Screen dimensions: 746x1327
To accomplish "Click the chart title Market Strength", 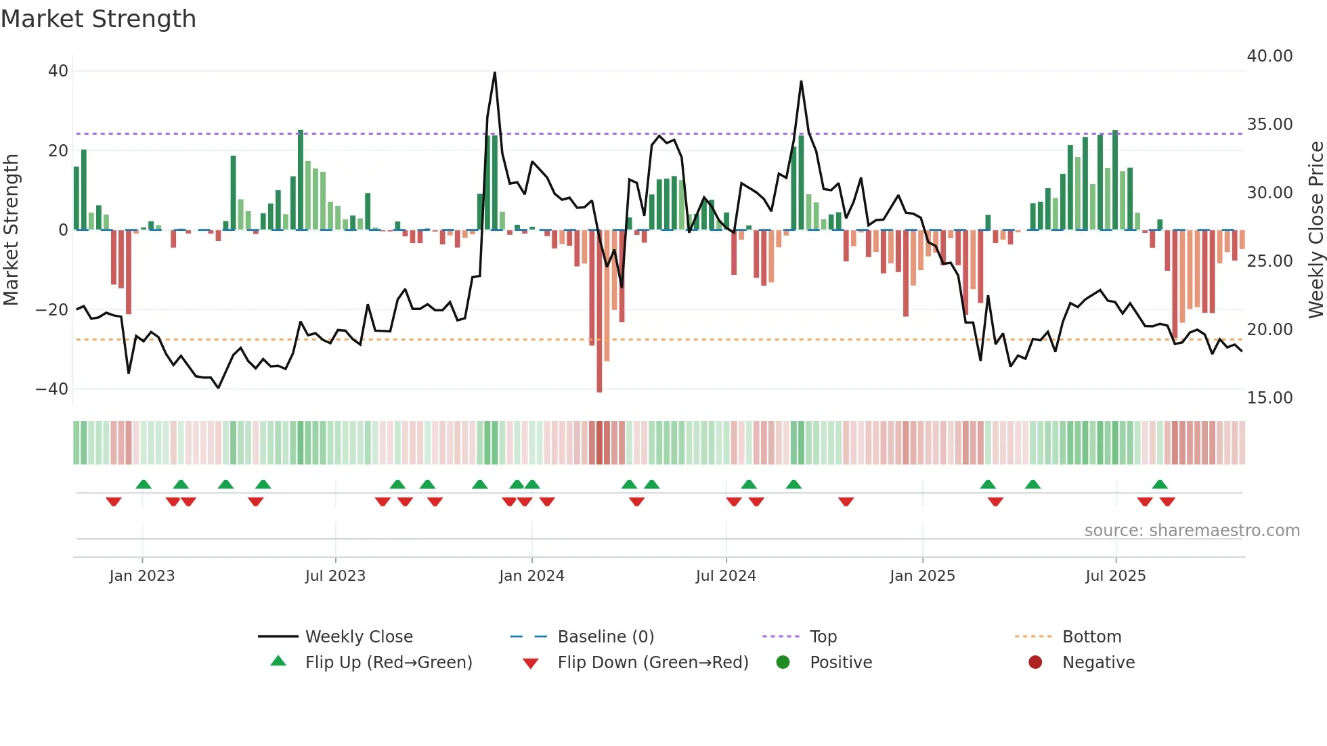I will pyautogui.click(x=99, y=19).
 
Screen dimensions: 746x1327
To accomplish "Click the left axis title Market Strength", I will pyautogui.click(x=12, y=229).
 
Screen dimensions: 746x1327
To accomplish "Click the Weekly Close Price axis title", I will pyautogui.click(x=1315, y=229).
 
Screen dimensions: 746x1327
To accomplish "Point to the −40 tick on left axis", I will pyautogui.click(x=52, y=389).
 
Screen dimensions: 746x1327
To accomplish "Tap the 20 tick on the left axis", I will pyautogui.click(x=58, y=150).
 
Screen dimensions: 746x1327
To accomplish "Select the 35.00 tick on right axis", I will pyautogui.click(x=1269, y=125).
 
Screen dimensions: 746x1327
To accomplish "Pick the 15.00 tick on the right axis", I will pyautogui.click(x=1269, y=398).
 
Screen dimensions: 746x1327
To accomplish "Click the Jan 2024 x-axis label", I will pyautogui.click(x=531, y=576).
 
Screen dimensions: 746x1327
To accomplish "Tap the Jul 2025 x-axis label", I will pyautogui.click(x=1115, y=576).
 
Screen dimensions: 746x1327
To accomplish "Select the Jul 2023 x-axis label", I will pyautogui.click(x=335, y=576).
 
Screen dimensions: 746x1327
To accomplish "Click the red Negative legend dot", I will pyautogui.click(x=1035, y=663).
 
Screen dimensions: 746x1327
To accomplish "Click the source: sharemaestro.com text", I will pyautogui.click(x=1192, y=531).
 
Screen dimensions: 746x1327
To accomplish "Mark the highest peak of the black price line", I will pyautogui.click(x=495, y=73).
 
